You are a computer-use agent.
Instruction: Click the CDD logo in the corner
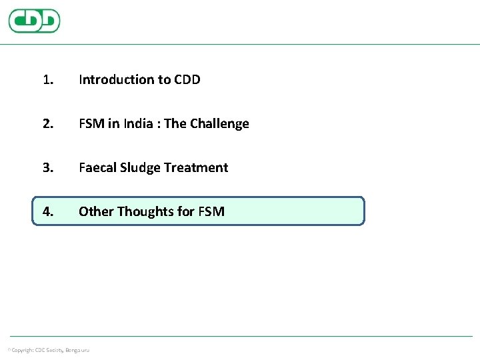click(34, 21)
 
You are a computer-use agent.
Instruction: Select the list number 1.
click(47, 80)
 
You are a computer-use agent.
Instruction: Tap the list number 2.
click(47, 124)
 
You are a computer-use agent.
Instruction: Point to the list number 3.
click(47, 168)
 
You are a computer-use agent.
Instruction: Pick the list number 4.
click(47, 212)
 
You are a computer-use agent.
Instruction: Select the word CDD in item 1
click(187, 80)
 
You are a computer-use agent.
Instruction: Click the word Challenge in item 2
click(219, 124)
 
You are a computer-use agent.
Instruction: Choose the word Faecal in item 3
click(97, 168)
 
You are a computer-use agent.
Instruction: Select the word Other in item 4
click(96, 212)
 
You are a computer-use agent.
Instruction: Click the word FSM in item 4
click(211, 212)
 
